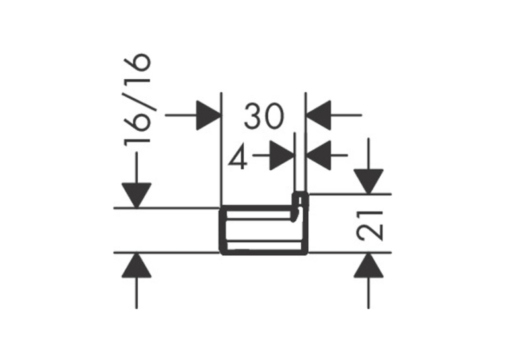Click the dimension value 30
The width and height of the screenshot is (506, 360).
pyautogui.click(x=264, y=116)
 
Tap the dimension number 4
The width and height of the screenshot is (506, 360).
pyautogui.click(x=238, y=157)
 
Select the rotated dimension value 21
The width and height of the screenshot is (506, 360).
pyautogui.click(x=370, y=226)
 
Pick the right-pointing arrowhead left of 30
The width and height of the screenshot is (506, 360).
pyautogui.click(x=209, y=115)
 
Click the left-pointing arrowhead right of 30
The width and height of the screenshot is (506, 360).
pyautogui.click(x=318, y=115)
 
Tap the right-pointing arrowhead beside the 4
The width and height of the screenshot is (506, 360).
pyautogui.click(x=281, y=155)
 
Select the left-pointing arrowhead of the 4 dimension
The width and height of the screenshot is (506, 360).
pyautogui.click(x=318, y=155)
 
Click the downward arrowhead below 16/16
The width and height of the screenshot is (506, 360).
pyautogui.click(x=137, y=195)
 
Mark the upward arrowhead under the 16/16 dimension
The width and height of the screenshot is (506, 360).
pyautogui.click(x=137, y=265)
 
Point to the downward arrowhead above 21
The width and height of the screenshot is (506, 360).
pyautogui.click(x=369, y=181)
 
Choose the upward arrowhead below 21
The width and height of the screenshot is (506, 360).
pyautogui.click(x=369, y=265)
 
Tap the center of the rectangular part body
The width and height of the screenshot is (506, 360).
pyautogui.click(x=263, y=230)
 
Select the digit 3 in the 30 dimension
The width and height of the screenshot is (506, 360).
pyautogui.click(x=254, y=116)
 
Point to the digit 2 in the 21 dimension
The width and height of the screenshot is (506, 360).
pyautogui.click(x=370, y=233)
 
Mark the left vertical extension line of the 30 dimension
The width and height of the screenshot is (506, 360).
pyautogui.click(x=222, y=149)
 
